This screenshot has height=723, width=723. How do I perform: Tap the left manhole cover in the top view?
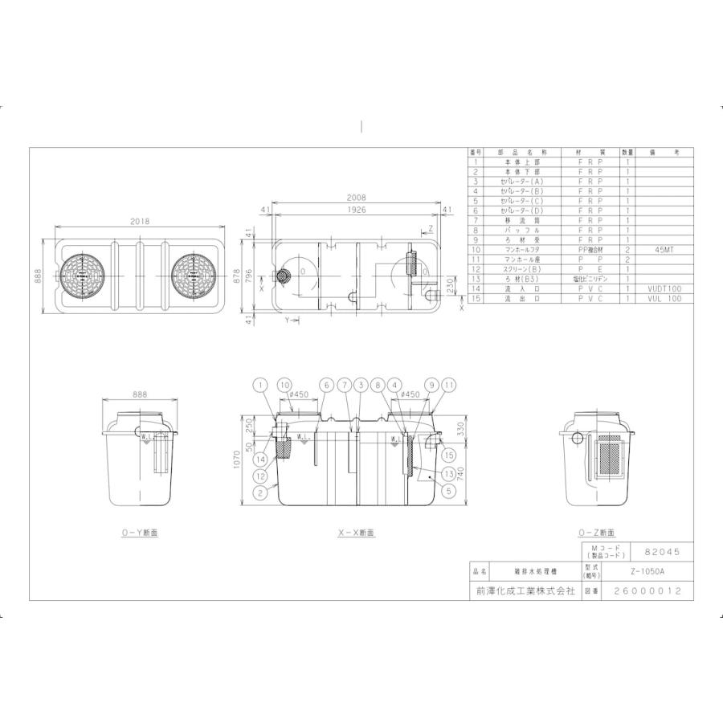tap(83, 277)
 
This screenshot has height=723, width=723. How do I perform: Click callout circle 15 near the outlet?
tap(449, 455)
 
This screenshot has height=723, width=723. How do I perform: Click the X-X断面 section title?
tap(356, 533)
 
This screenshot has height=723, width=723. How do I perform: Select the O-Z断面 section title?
tap(596, 533)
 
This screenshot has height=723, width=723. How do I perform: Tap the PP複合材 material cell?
tap(591, 250)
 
